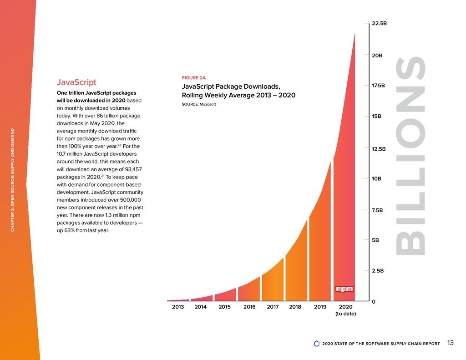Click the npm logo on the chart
click(344, 289)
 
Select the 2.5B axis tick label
click(378, 271)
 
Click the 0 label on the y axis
click(374, 302)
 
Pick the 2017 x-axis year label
click(273, 307)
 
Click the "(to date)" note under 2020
click(345, 314)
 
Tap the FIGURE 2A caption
click(194, 78)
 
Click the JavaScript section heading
click(76, 82)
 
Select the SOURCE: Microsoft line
click(198, 105)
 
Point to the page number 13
click(451, 343)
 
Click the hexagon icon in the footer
click(317, 344)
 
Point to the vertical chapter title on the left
click(14, 180)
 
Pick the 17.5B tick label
click(379, 86)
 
